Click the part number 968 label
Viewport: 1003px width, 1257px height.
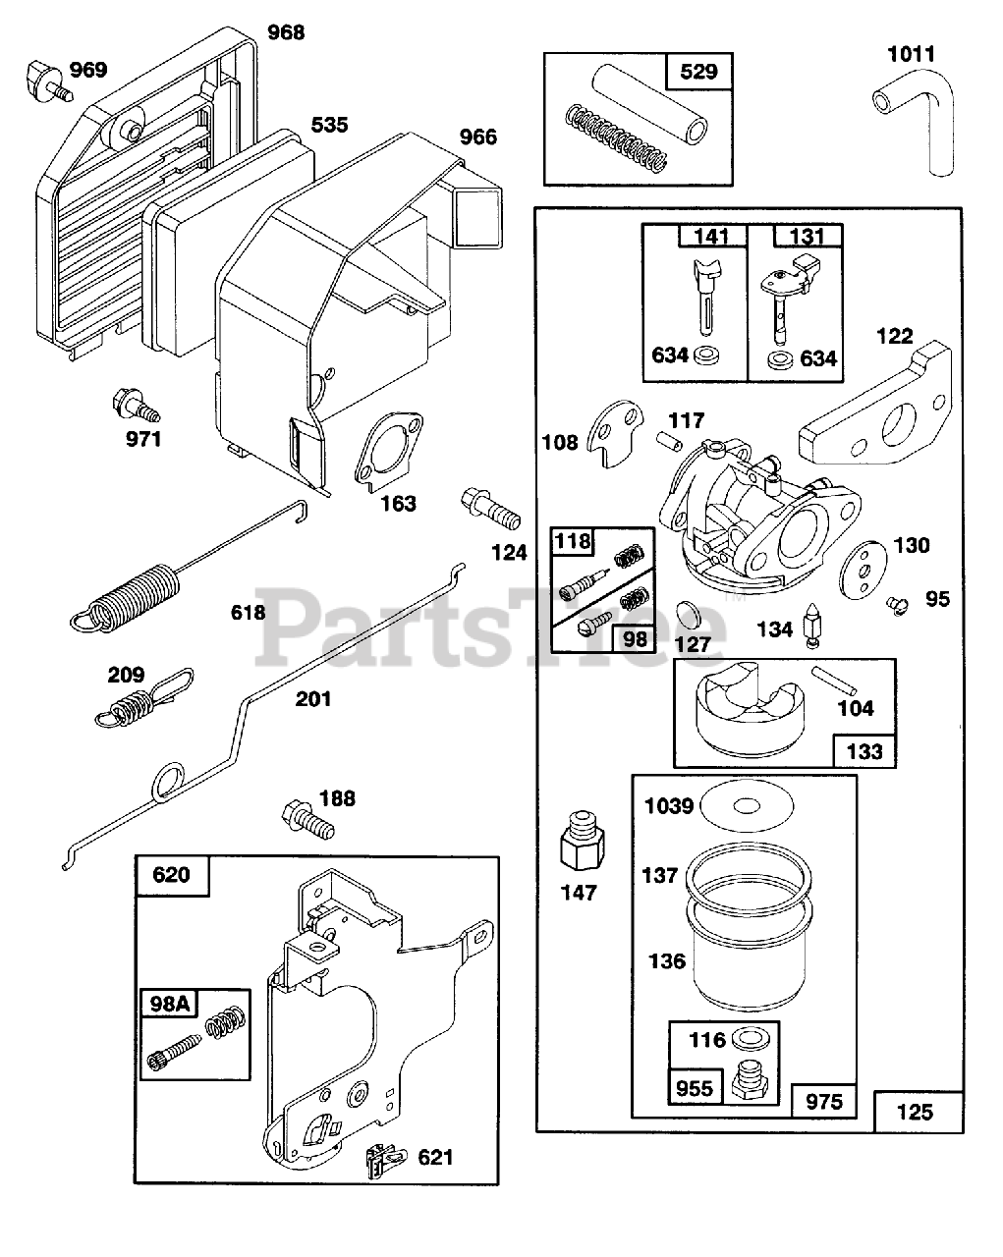[286, 32]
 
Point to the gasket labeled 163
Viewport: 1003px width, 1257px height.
[390, 452]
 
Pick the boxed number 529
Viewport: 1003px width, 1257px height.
[697, 71]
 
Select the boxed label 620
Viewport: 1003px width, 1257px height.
[172, 874]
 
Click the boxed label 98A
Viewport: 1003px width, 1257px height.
[169, 1003]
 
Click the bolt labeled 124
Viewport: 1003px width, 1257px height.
[488, 509]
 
